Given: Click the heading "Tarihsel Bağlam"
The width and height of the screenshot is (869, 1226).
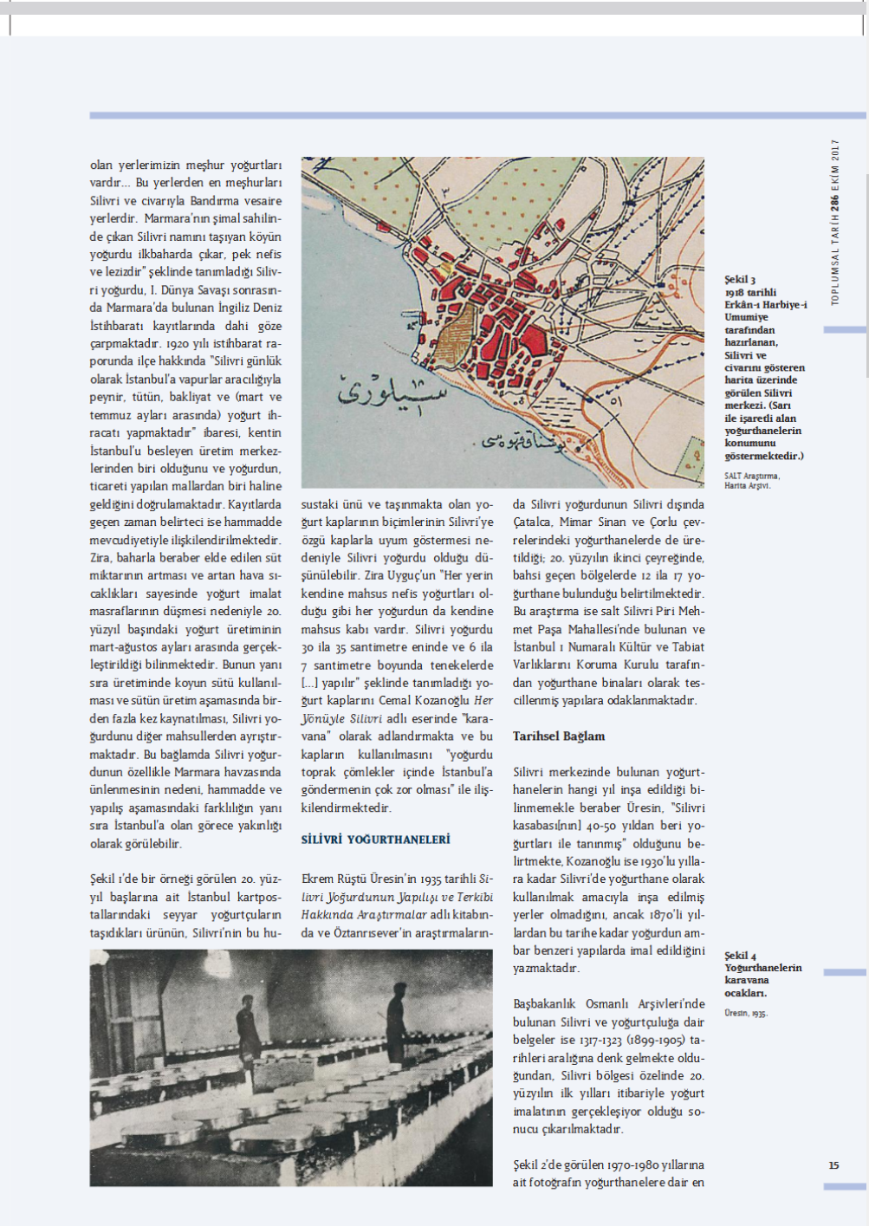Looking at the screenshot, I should [x=559, y=736].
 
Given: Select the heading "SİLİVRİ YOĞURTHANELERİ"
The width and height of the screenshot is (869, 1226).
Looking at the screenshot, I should [x=375, y=840].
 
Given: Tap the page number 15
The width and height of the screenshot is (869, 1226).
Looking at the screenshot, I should [x=833, y=1165].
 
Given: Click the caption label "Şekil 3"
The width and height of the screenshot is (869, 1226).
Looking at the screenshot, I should [x=740, y=280].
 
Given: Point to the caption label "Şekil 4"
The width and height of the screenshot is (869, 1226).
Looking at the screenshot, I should [x=740, y=956].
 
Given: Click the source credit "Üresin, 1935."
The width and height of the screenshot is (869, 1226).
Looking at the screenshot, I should [x=745, y=1013].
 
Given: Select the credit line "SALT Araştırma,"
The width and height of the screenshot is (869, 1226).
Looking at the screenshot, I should [x=752, y=476].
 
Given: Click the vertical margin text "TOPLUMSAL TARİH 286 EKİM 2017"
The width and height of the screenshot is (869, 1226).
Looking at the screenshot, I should [x=835, y=222].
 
